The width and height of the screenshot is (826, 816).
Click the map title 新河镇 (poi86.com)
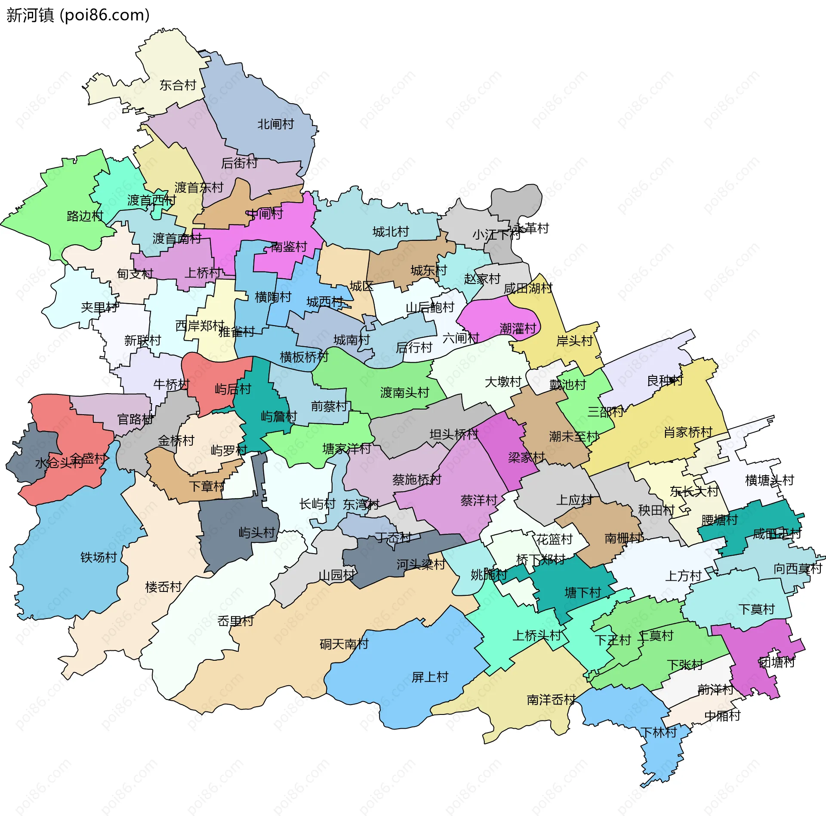point(78,15)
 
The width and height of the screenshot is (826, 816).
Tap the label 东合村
point(178,85)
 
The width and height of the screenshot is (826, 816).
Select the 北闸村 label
point(275,124)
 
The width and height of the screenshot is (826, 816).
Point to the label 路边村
point(85,216)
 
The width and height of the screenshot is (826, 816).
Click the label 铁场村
point(99,557)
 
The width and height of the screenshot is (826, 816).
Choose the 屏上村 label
point(430,677)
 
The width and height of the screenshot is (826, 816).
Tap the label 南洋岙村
point(551,700)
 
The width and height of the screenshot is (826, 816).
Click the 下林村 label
point(658,732)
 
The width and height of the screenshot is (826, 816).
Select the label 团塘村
point(777,662)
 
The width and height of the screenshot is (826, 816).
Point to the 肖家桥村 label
point(687,432)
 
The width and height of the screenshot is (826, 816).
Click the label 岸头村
point(574,341)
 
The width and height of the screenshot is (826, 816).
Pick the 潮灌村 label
point(518,329)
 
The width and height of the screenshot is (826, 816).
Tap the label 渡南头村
point(404,392)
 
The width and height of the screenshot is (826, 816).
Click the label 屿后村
point(233,389)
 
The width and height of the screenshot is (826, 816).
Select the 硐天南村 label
point(344,644)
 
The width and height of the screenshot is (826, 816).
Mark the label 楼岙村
point(163,587)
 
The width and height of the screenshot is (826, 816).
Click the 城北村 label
point(390,232)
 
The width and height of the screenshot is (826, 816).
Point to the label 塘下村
point(583,593)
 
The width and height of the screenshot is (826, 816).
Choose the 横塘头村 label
point(769,480)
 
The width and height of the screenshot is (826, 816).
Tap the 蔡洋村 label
point(478,500)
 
